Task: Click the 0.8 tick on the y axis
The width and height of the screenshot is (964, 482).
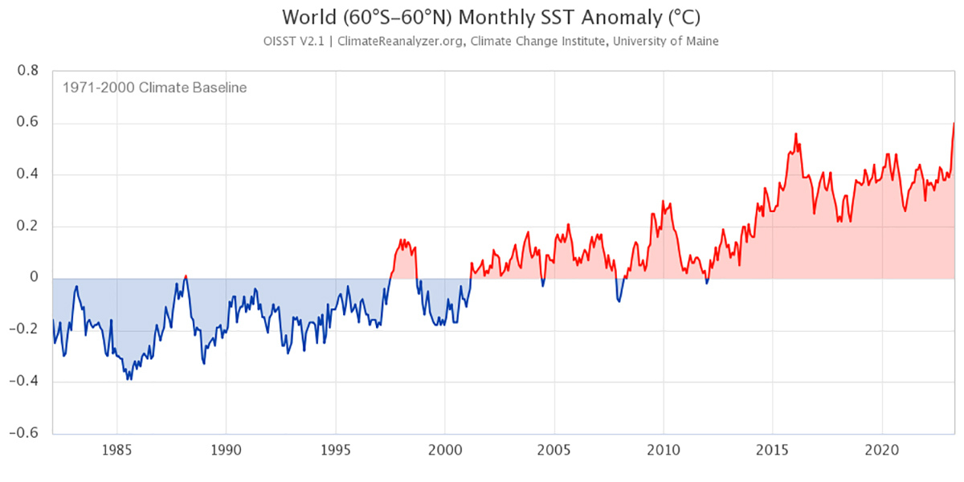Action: pos(29,71)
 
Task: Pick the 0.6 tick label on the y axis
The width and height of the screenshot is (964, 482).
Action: pos(29,123)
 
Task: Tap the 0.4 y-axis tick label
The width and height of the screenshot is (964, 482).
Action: pos(29,175)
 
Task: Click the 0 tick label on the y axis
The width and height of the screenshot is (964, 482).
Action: pos(34,279)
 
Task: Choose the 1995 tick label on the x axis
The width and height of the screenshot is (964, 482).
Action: pos(335,451)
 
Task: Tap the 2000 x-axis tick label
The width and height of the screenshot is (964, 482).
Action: pos(444,451)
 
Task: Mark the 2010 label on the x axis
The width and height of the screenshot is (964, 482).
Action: pos(664,451)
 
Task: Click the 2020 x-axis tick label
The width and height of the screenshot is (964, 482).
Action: pos(882,451)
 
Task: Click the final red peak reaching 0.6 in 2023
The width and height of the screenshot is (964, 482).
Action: pos(954,124)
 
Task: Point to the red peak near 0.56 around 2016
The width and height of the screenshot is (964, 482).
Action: pos(795,134)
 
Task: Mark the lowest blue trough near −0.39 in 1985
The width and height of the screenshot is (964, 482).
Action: pos(128,378)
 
